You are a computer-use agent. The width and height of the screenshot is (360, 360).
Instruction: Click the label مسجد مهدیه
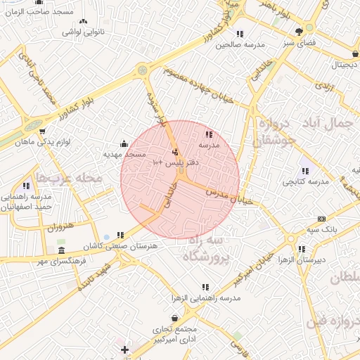click(124, 153)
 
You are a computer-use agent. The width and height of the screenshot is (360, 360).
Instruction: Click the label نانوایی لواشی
click(84, 32)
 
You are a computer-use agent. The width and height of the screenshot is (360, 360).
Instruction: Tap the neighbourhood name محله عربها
click(69, 178)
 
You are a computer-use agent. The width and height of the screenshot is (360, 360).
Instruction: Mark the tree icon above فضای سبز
click(300, 31)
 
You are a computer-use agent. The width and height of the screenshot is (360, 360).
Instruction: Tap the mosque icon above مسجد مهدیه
click(124, 143)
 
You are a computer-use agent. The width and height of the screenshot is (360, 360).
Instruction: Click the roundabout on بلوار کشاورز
click(143, 70)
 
